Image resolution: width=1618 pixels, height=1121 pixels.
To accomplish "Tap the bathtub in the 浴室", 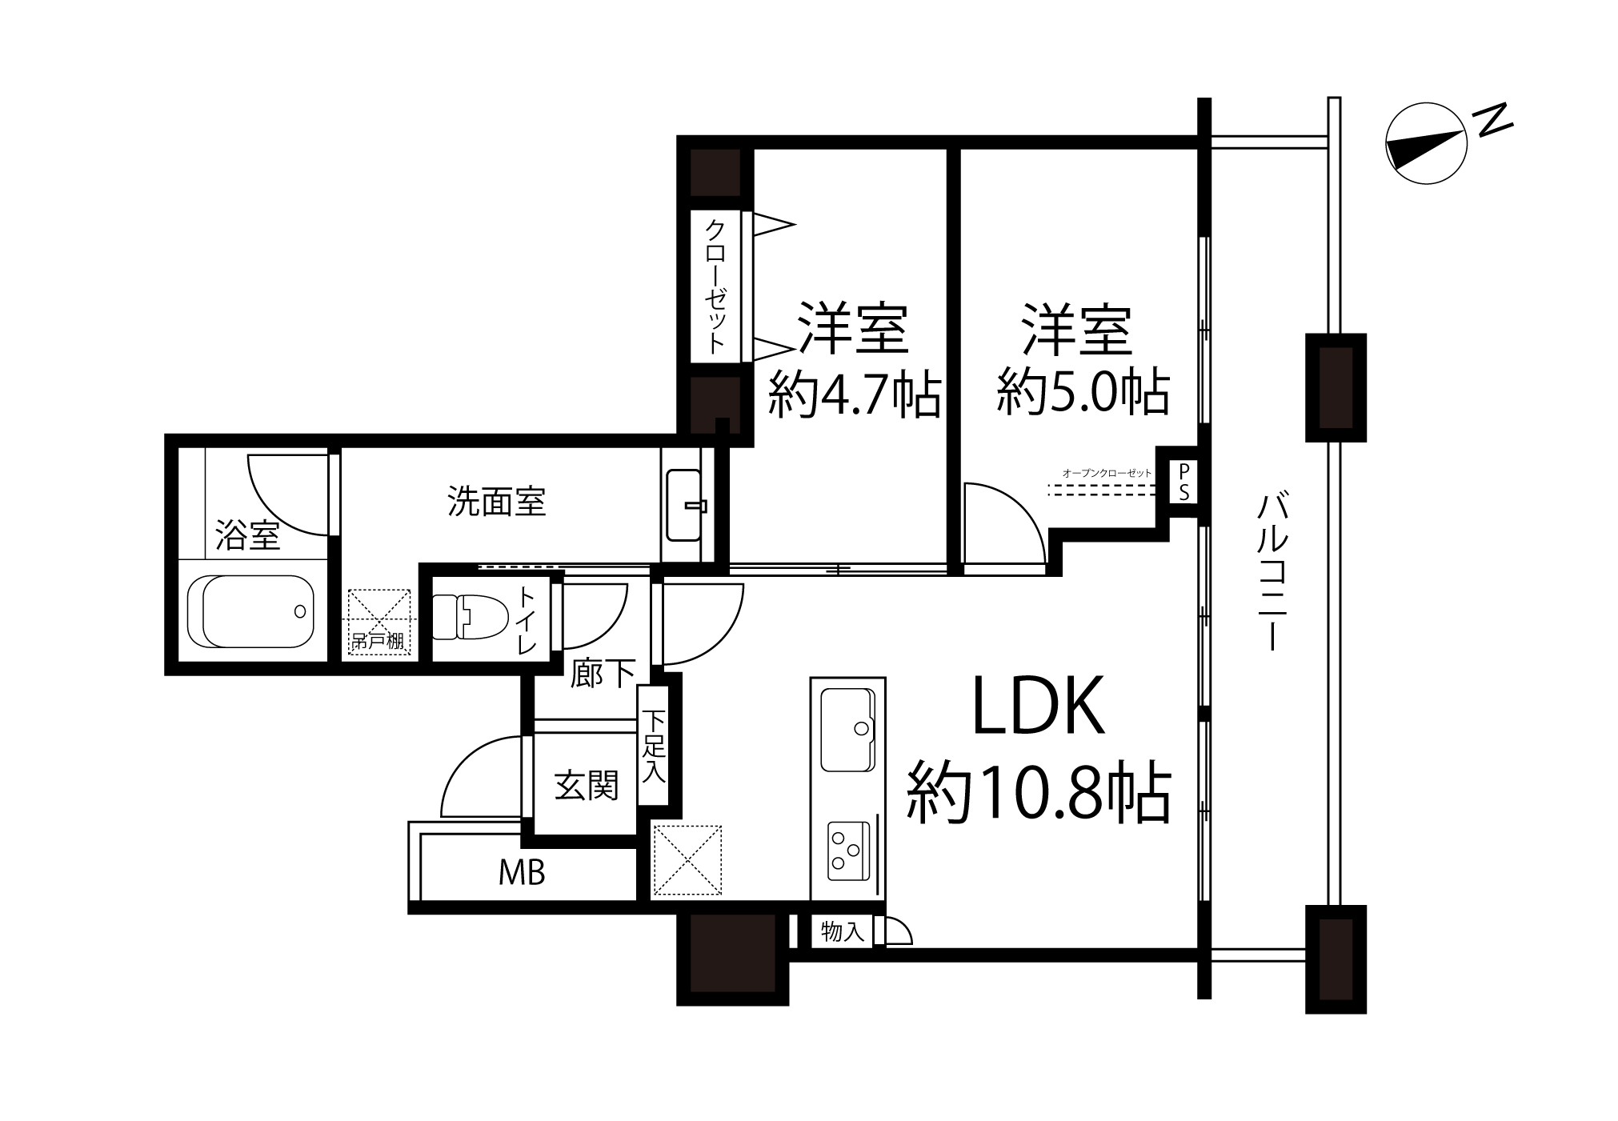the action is (x=250, y=611).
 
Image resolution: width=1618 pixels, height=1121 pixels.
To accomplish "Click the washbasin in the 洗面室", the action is (x=686, y=505).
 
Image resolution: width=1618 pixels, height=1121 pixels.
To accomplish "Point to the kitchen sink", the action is (x=847, y=729).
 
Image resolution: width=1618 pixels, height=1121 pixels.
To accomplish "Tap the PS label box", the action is (x=1183, y=482).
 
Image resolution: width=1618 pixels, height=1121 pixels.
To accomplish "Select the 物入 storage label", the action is (x=843, y=931).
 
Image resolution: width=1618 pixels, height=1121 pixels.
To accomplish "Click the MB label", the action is (x=522, y=873).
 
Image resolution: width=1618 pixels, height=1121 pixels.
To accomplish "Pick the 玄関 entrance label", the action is (x=587, y=785).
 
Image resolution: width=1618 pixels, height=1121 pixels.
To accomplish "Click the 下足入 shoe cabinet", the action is (x=655, y=746).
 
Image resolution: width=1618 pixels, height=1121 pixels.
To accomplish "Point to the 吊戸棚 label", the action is (x=378, y=641).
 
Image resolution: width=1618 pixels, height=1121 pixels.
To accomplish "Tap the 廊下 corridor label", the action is (x=603, y=673).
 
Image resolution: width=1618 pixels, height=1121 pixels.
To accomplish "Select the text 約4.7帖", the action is (x=854, y=393).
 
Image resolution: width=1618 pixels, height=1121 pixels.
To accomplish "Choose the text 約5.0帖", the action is (x=1083, y=391).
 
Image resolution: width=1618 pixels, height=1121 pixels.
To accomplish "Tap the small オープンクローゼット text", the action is (x=1107, y=473).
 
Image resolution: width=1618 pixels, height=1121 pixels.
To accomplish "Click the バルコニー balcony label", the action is (x=1272, y=573).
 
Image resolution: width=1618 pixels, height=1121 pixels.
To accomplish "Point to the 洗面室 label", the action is (x=496, y=502).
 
